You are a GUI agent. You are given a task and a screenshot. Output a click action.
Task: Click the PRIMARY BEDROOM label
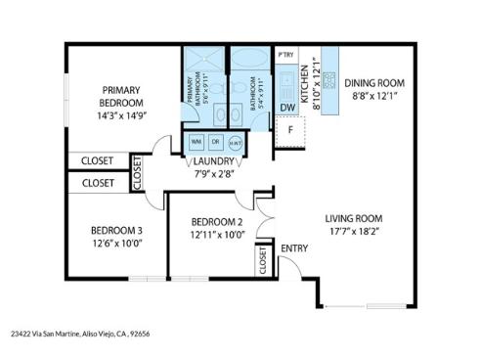[x=122, y=96]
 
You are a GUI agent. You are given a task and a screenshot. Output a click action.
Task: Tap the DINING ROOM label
[x=373, y=83]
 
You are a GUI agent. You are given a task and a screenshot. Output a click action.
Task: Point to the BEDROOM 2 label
[x=217, y=221]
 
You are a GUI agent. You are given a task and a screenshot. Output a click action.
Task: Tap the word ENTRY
[x=294, y=247]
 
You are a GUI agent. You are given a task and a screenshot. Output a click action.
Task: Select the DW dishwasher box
[x=287, y=108]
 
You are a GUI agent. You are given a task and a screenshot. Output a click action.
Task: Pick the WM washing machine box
[x=196, y=140]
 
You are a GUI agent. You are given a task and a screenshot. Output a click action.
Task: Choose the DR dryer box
[x=215, y=140]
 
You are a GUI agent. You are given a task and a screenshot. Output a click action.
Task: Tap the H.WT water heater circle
[x=236, y=141]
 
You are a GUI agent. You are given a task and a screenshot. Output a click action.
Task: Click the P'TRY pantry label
[x=286, y=55]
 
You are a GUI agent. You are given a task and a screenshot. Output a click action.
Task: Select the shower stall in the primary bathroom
[x=205, y=60]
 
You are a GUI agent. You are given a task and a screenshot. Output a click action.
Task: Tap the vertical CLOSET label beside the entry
[x=262, y=259]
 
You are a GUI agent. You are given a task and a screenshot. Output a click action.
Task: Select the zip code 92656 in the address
[x=139, y=332]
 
